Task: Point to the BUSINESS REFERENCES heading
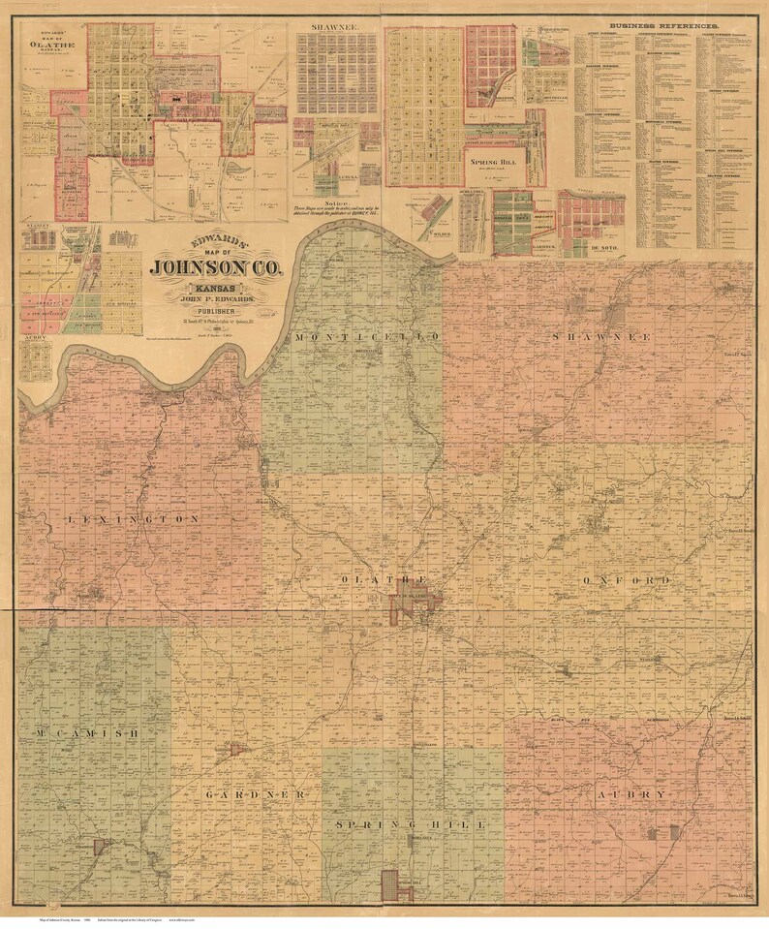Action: pos(663,24)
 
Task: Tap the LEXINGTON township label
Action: pos(135,519)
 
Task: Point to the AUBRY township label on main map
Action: pos(632,794)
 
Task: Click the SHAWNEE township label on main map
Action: pos(600,336)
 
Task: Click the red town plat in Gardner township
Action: pos(235,749)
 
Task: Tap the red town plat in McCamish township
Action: pos(99,847)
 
